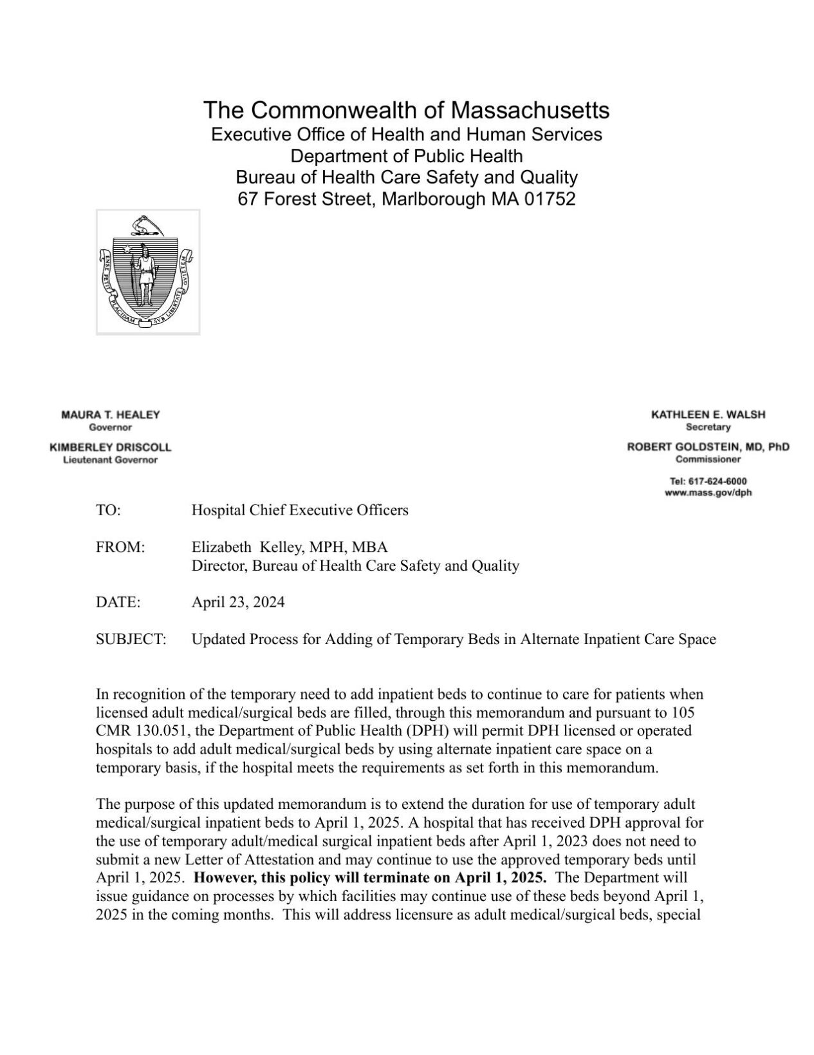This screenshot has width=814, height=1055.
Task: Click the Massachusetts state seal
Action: coord(148,272)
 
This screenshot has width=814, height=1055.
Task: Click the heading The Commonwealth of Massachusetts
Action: coord(406,110)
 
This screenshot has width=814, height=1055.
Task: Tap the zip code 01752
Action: coord(550,199)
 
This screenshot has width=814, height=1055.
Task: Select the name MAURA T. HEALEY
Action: coord(110,415)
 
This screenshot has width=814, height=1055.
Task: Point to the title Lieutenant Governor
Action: coord(110,460)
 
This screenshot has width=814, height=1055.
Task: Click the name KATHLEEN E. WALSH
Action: coord(708,415)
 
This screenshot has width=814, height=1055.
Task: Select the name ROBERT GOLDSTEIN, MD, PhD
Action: coord(708,447)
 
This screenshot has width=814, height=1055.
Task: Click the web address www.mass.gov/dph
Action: coord(708,493)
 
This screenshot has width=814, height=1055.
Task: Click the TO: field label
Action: coord(108,510)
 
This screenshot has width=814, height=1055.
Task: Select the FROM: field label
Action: coord(120,547)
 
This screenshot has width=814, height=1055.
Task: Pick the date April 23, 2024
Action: coord(238,602)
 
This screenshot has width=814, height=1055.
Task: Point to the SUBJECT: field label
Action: coord(131,639)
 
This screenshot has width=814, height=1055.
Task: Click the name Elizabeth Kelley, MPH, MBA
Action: coord(290,547)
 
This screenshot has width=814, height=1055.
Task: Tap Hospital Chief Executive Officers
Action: coord(300,510)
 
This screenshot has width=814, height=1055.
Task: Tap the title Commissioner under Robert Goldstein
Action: coord(708,459)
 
